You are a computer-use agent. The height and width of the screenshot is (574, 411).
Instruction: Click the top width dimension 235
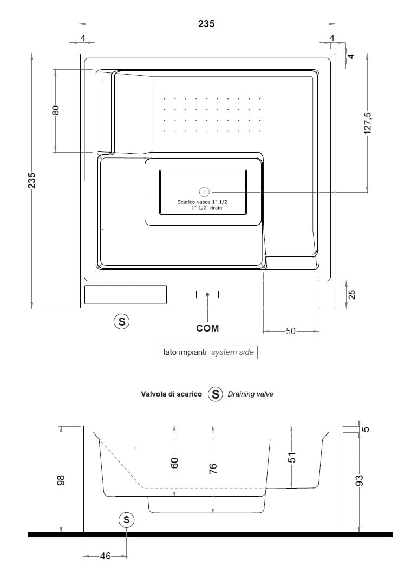tap(206, 23)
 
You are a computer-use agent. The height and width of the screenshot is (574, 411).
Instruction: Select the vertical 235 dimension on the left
tap(32, 180)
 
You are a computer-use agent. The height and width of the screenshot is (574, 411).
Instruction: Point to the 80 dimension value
tap(55, 110)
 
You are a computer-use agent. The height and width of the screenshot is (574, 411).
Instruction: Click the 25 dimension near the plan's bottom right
tap(351, 294)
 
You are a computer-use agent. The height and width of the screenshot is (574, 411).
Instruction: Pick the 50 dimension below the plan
tap(291, 331)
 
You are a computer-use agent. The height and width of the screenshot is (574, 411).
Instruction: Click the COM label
tap(207, 328)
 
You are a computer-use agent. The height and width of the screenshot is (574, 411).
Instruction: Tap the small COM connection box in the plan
tap(207, 294)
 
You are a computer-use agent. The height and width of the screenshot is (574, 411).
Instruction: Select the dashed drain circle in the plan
tap(204, 192)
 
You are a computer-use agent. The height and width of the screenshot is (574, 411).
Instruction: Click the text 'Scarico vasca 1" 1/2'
tap(202, 202)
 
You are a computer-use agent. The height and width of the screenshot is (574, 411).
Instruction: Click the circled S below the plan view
tap(121, 321)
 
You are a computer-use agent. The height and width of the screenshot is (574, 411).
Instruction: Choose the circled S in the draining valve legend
tap(216, 394)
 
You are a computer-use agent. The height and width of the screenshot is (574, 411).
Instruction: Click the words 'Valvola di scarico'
tap(171, 394)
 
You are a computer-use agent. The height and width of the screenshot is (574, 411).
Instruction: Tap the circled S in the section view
tap(127, 520)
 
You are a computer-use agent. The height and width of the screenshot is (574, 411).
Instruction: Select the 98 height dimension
tap(61, 479)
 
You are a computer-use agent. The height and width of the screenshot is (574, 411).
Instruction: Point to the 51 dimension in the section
tap(292, 457)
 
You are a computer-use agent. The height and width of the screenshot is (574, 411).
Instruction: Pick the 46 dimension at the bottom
tap(105, 556)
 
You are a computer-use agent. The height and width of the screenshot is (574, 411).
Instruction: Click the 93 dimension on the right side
tap(360, 480)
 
